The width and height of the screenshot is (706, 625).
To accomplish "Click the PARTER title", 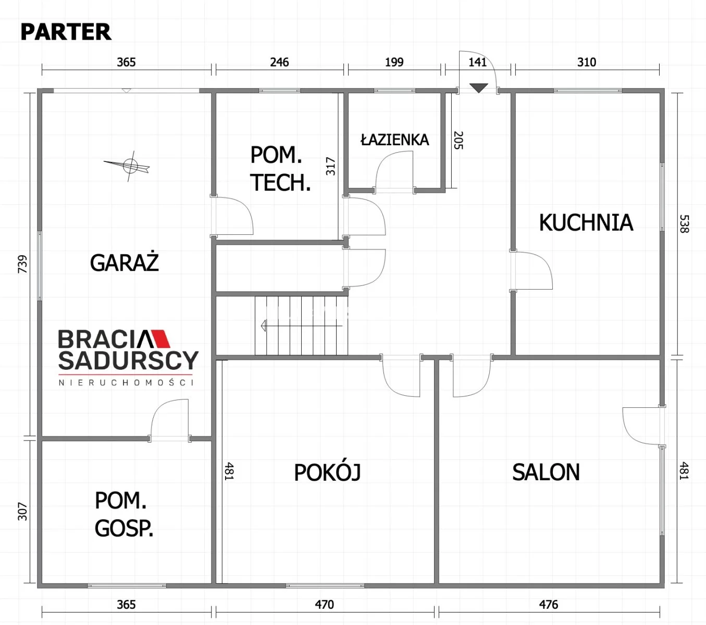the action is pos(66,32).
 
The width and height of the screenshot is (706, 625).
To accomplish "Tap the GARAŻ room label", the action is pos(125,262).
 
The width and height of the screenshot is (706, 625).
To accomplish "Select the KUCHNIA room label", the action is pos(586,222).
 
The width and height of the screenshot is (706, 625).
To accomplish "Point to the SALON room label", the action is pos(546,472).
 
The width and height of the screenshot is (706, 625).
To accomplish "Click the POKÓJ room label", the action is pos(327,472).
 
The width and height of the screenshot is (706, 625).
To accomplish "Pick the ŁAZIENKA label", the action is pos(394,140).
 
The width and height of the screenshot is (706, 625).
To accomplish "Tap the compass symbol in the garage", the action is pos(129,166).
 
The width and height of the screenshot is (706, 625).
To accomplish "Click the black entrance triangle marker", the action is pos(478,88).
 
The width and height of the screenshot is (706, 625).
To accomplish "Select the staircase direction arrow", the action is pos(302,326).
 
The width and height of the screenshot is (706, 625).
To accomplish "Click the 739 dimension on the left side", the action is pos(22,264).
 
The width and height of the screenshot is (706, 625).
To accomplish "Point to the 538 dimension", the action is pos(684,223).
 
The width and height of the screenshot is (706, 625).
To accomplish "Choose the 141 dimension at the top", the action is pos(477,62).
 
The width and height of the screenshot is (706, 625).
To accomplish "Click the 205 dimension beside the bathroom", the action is pos(458,141).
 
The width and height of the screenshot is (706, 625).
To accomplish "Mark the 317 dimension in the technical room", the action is pos(331,166).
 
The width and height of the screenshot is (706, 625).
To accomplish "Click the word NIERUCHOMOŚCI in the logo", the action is pos(126,382).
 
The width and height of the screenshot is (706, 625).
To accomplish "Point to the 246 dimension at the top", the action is pos(279,62).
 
